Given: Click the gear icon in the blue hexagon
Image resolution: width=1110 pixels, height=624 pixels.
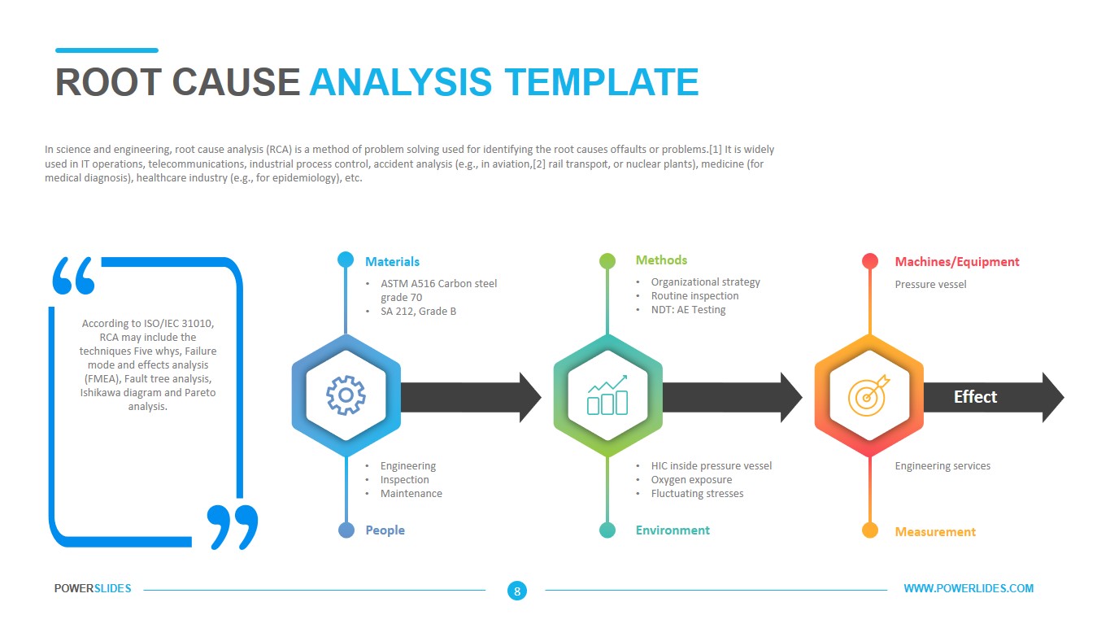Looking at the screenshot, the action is click(346, 396).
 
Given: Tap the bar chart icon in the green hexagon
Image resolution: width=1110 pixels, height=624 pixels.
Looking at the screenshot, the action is click(607, 395).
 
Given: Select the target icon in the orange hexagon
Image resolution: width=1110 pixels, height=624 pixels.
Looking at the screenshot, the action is click(868, 395).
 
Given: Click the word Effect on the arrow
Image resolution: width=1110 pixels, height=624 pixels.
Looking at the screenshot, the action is click(975, 397).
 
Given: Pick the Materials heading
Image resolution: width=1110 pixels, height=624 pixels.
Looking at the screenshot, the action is click(392, 262).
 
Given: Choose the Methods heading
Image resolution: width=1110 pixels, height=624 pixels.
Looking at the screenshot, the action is click(661, 260).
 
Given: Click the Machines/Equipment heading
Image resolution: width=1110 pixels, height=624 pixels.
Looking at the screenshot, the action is click(956, 262).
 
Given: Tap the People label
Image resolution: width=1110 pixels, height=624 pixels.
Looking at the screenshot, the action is click(385, 530).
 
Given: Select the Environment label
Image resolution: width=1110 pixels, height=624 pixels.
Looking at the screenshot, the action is click(673, 530).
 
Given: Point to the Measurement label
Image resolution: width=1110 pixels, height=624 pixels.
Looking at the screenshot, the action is click(935, 532).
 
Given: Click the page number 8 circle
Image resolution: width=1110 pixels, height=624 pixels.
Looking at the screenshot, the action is click(516, 591).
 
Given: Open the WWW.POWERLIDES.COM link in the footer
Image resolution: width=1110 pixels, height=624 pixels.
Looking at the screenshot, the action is click(969, 589).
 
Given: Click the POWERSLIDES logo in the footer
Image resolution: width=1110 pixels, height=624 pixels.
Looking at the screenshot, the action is click(93, 589).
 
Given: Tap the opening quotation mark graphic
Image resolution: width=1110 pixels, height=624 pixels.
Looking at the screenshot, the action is click(73, 277).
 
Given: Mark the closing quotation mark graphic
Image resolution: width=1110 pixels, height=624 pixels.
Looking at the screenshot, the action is click(232, 526).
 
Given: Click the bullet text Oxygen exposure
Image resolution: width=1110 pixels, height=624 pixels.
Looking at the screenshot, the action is click(691, 480).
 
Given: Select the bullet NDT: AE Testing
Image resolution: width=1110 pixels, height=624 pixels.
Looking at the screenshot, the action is click(688, 310).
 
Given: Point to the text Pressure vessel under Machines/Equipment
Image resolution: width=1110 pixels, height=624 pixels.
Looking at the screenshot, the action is click(930, 285).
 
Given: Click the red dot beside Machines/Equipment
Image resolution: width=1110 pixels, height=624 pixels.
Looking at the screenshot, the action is click(870, 261).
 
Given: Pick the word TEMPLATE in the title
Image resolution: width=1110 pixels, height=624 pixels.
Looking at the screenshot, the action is click(601, 83).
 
